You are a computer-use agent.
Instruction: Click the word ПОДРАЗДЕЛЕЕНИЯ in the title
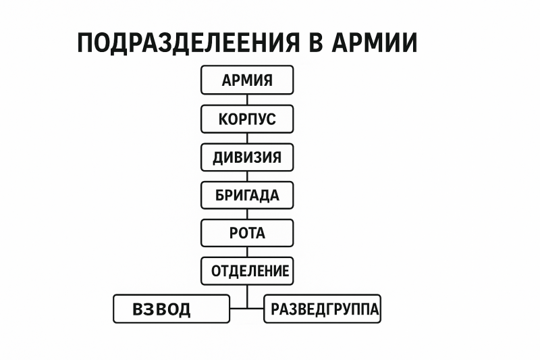click(189, 43)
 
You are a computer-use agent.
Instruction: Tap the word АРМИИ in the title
click(375, 43)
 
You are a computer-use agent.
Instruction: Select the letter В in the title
click(316, 43)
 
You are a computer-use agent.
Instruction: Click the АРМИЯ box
click(247, 80)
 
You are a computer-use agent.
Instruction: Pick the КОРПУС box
click(247, 119)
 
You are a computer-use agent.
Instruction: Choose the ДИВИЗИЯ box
click(247, 157)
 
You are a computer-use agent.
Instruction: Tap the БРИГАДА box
click(247, 195)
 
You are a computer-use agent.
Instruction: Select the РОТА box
click(247, 233)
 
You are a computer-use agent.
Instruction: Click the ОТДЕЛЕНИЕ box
click(247, 271)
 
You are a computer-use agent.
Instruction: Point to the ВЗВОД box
click(171, 309)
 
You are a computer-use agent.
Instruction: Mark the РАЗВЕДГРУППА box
click(323, 309)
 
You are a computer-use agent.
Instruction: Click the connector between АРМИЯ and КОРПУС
click(247, 99)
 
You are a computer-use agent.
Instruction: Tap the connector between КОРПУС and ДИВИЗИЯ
click(247, 138)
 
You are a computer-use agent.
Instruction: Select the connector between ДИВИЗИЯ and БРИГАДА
click(247, 176)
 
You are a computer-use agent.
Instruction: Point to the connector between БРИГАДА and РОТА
click(247, 214)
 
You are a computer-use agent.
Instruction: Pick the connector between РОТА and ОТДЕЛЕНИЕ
click(247, 252)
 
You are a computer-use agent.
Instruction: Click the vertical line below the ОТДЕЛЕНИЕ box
click(247, 297)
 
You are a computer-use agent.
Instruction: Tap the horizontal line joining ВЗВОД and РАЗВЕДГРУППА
click(247, 308)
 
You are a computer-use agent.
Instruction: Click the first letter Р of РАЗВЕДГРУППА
click(275, 309)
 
